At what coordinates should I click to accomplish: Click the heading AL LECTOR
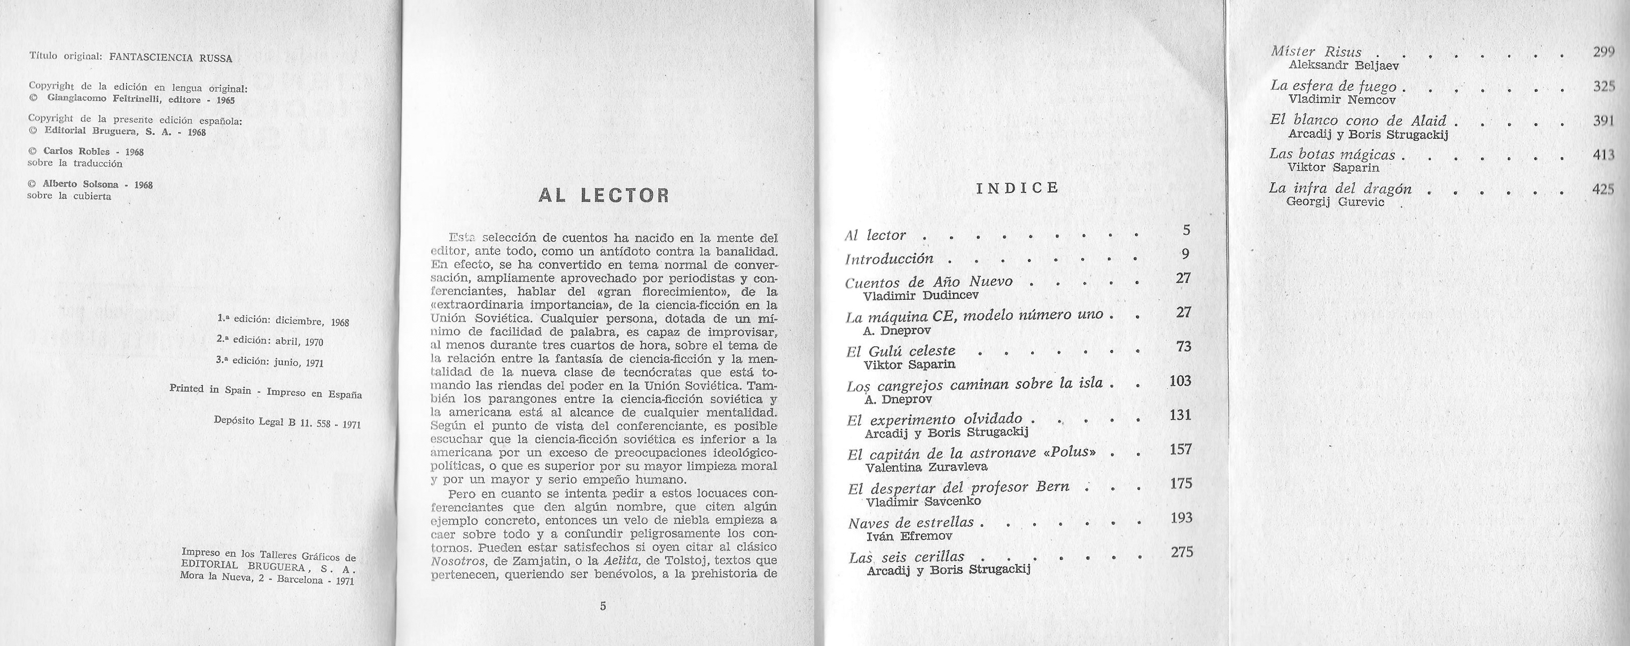[x=603, y=196]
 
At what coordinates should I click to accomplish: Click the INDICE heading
[x=1018, y=188]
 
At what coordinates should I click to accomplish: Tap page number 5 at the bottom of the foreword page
[x=603, y=606]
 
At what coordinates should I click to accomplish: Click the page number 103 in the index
[x=1180, y=381]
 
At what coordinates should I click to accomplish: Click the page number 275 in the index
[x=1181, y=552]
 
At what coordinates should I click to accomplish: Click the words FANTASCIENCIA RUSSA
[x=171, y=58]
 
